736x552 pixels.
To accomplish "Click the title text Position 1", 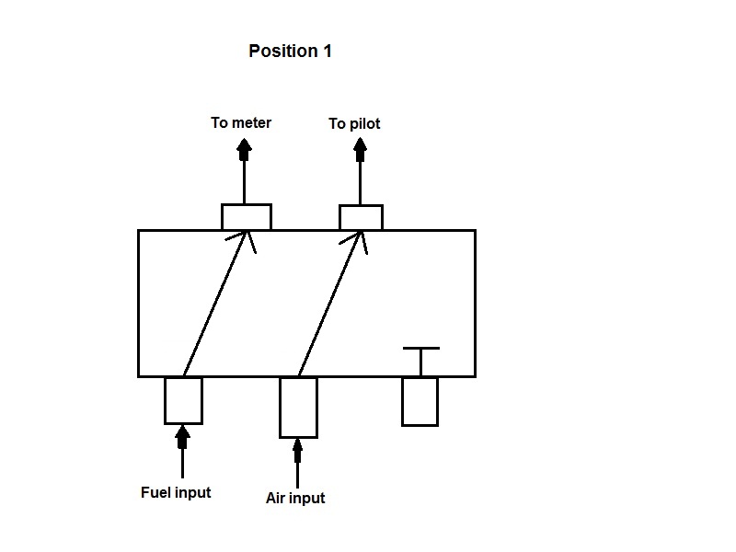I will click(290, 52).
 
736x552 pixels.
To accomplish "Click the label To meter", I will click(241, 122).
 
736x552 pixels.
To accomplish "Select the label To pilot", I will click(354, 123).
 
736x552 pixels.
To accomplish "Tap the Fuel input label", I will click(176, 492).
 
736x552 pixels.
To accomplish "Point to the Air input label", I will click(295, 498).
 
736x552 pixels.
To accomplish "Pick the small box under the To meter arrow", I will click(247, 217).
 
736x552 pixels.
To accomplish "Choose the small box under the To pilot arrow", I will click(361, 218).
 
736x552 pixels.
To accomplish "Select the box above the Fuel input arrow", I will click(183, 400).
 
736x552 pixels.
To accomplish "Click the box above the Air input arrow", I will click(298, 407).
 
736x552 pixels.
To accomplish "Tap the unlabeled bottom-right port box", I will click(420, 401).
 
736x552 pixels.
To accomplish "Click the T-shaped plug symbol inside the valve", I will click(420, 358).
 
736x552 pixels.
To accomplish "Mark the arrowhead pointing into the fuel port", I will click(183, 431).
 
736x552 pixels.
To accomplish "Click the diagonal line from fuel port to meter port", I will click(215, 304).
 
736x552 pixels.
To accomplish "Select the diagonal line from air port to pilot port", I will click(328, 304).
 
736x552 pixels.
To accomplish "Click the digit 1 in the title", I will click(327, 52).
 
